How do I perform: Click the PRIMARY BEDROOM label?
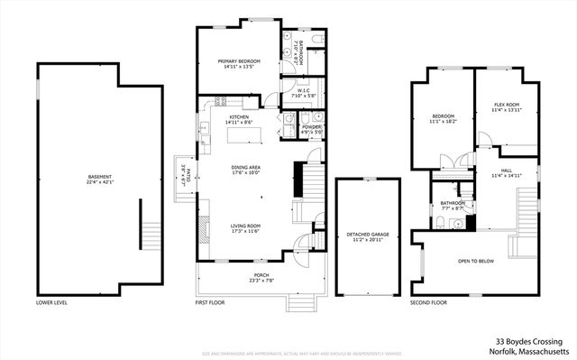(239, 61)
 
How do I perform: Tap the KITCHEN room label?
(239, 117)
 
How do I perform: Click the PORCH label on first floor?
(261, 275)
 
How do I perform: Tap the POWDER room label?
(312, 127)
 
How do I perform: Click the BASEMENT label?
(100, 176)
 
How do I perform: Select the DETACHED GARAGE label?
(368, 235)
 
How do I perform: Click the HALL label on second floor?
(506, 171)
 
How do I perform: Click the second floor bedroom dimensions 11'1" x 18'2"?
(443, 121)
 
